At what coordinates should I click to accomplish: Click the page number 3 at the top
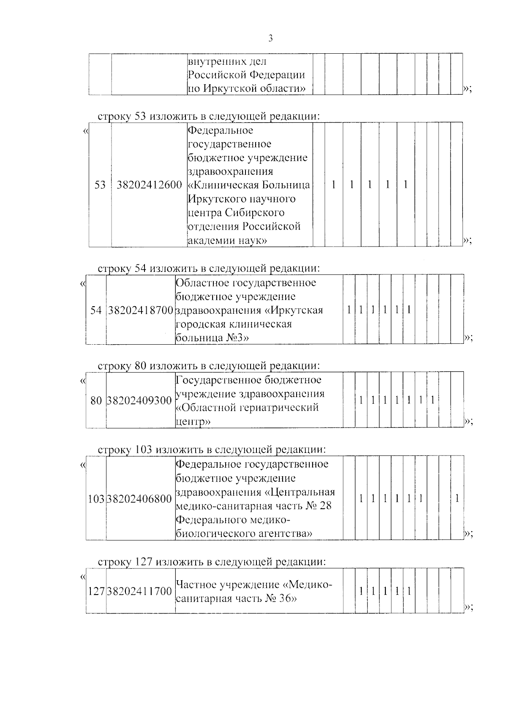(270, 39)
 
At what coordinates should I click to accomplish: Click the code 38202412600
(149, 185)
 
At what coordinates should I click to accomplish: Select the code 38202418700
(141, 310)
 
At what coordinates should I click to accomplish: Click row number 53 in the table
(100, 185)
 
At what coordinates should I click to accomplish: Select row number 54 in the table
(96, 310)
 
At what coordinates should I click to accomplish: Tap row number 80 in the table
(96, 400)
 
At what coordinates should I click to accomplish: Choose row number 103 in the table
(96, 499)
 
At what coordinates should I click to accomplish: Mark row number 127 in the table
(96, 591)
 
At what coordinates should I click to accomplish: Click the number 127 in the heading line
(144, 562)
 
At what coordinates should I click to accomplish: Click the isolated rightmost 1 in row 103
(457, 499)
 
